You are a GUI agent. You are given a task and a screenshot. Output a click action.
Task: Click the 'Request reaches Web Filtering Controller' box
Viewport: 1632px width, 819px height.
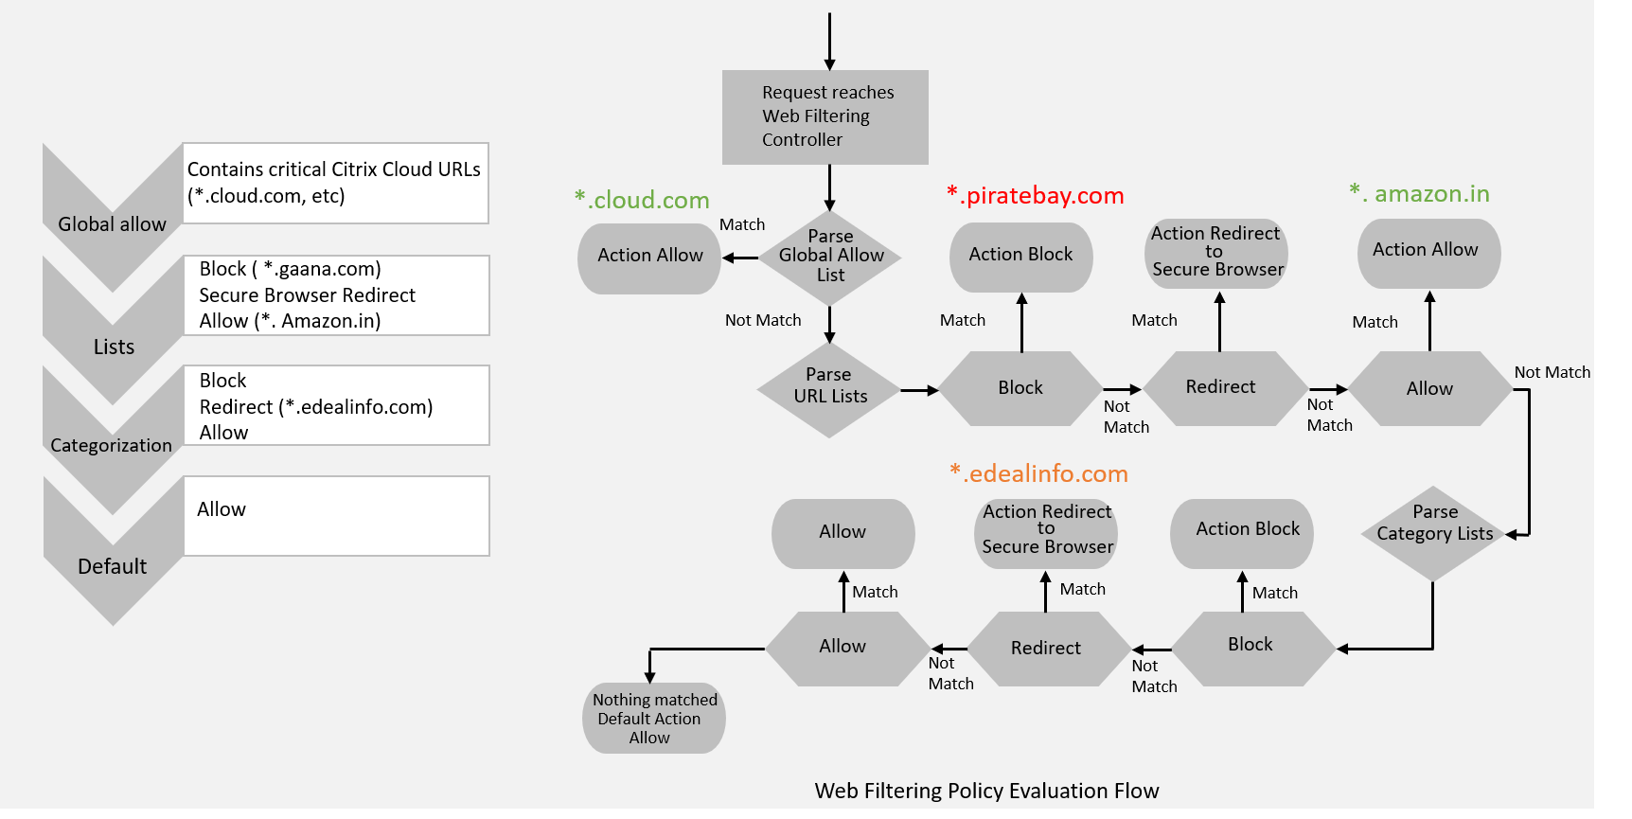tap(825, 116)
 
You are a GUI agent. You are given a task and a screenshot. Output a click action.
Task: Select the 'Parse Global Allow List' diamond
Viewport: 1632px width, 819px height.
tap(830, 257)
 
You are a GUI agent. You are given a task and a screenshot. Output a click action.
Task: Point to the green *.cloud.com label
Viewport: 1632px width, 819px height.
tap(642, 200)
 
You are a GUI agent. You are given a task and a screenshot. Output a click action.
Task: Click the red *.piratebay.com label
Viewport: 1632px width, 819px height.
tap(1036, 195)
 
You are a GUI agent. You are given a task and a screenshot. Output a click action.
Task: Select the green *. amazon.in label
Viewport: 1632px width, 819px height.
tap(1419, 194)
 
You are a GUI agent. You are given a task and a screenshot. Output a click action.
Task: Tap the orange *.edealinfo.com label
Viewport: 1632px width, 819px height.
tap(1038, 473)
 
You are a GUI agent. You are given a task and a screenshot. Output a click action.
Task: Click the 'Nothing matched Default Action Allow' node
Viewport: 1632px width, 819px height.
tap(653, 719)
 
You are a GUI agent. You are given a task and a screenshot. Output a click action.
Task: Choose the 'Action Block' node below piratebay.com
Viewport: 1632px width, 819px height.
tap(1020, 255)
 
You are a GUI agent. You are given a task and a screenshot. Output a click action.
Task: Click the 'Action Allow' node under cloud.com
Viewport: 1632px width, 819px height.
tap(649, 257)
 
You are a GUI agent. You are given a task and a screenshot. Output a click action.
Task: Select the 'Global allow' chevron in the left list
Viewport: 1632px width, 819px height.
tap(112, 224)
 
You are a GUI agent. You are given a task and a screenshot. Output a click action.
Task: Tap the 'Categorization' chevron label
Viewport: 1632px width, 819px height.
tap(112, 445)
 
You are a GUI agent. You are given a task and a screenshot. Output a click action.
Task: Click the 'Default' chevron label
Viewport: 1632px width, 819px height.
tap(112, 566)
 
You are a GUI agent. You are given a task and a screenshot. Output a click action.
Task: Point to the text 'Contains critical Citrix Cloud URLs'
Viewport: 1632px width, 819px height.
tap(333, 169)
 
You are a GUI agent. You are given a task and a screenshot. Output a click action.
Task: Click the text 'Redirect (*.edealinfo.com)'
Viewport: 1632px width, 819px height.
tap(315, 407)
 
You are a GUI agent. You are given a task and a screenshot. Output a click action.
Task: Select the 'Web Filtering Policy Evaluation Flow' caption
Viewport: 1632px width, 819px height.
tap(986, 791)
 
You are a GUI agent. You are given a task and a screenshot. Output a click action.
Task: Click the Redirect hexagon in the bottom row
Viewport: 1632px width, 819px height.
tap(1046, 649)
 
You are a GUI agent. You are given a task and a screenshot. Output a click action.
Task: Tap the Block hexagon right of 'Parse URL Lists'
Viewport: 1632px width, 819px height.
tap(1020, 388)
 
